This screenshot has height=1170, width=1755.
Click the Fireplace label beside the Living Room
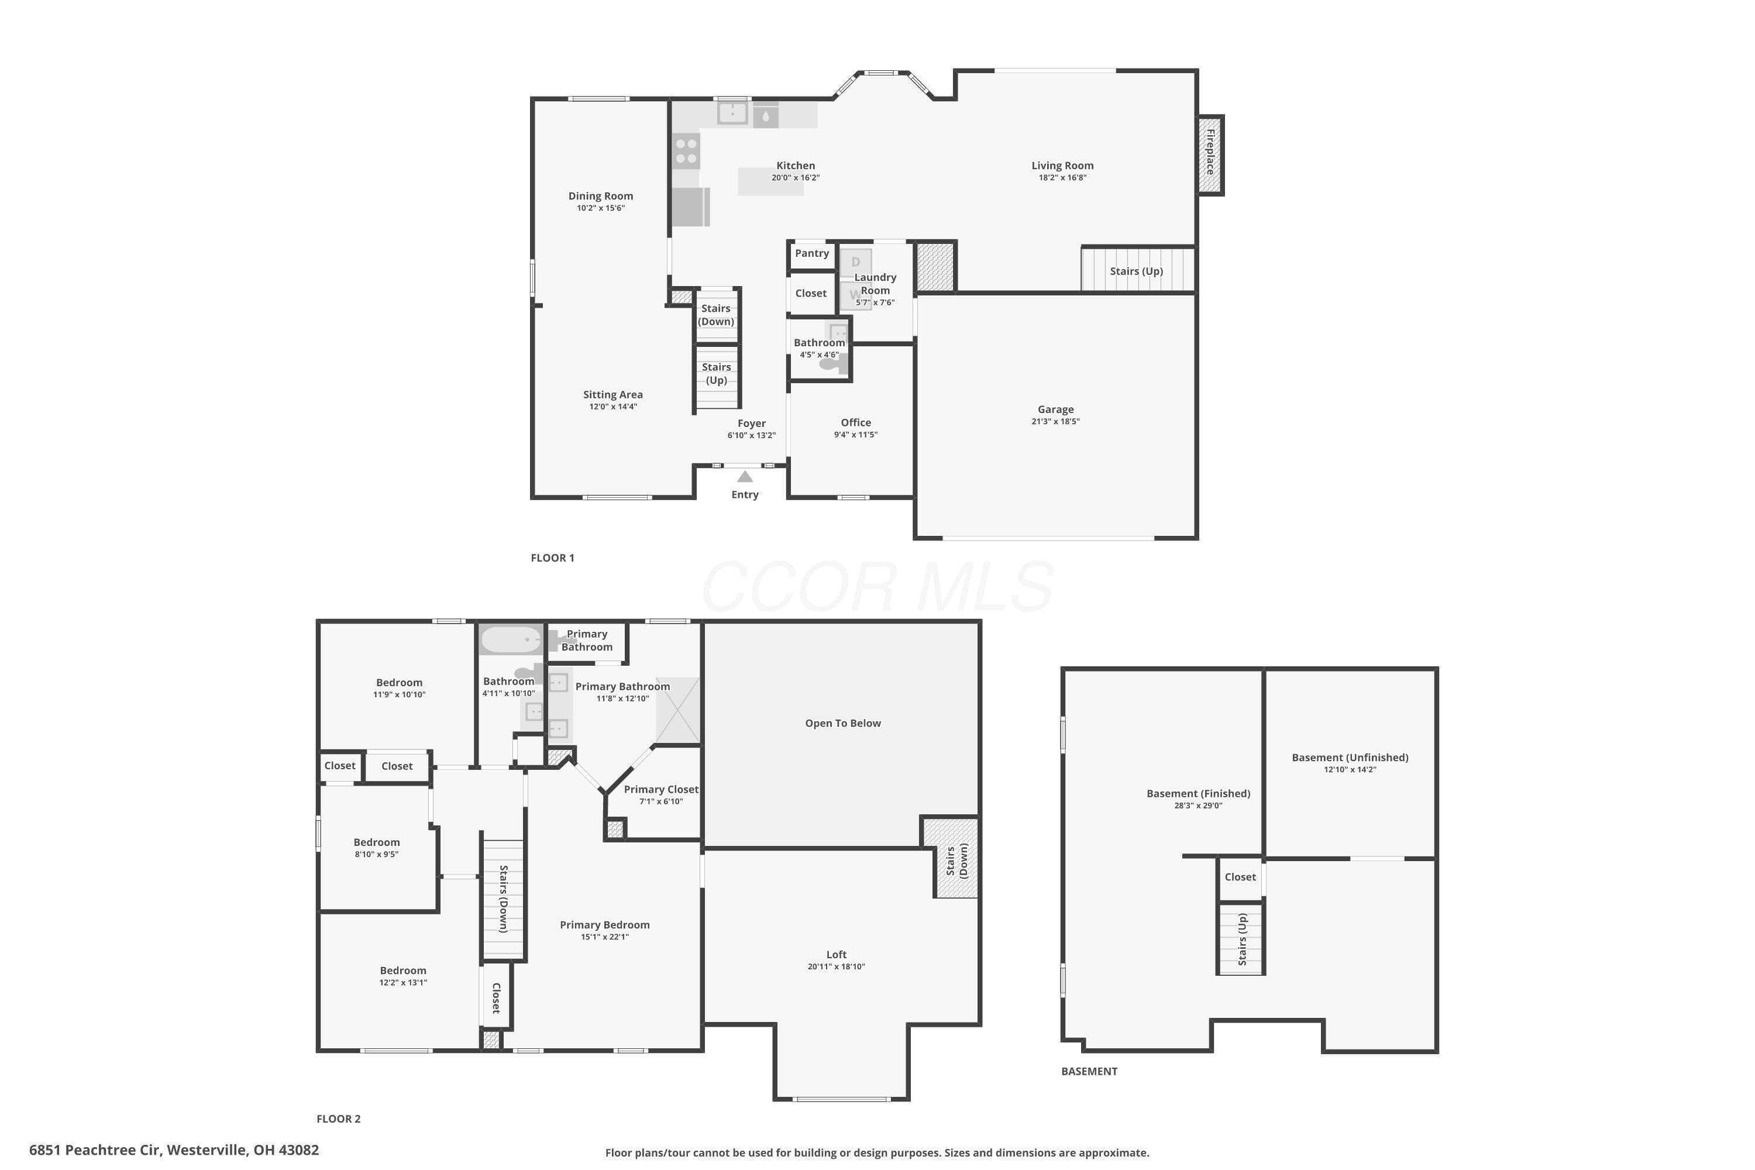tap(1210, 152)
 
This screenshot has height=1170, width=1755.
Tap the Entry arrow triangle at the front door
tap(745, 476)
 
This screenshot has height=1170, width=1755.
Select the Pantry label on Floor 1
tap(812, 253)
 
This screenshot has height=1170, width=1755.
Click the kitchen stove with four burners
tap(686, 151)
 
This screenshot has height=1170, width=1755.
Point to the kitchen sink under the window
tap(733, 113)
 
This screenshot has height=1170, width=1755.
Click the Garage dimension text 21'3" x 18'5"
tap(1055, 421)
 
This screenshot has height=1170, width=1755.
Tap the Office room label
tap(856, 422)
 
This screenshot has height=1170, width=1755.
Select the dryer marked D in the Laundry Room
tap(856, 263)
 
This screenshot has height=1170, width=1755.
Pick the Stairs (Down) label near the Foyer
tap(716, 315)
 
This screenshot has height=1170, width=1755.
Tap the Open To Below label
tap(843, 723)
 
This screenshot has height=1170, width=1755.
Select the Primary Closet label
tap(661, 789)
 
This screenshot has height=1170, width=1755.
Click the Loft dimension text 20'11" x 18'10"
tap(837, 966)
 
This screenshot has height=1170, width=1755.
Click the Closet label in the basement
tap(1240, 877)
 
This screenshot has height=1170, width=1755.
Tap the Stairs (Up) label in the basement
tap(1243, 940)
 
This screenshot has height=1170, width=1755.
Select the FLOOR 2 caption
tap(339, 1119)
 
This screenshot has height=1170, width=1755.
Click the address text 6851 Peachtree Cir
tap(95, 1150)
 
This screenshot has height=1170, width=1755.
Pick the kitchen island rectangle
tap(771, 181)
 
